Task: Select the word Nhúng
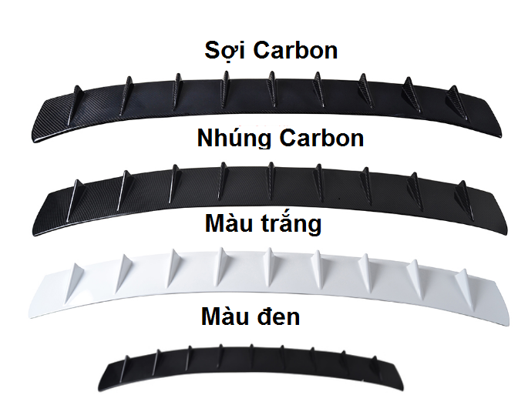(234, 139)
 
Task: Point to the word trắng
(286, 225)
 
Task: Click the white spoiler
(262, 284)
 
